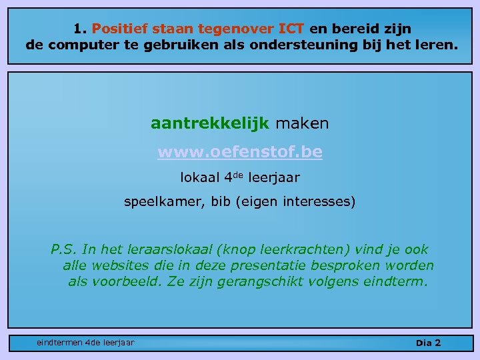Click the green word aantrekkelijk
pos(209,123)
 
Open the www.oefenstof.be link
pos(240,152)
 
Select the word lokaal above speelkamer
pos(198,178)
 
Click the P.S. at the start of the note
pos(63,249)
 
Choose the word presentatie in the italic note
pos(256,265)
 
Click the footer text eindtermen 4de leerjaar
pos(85,343)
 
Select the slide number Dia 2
pos(429,343)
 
